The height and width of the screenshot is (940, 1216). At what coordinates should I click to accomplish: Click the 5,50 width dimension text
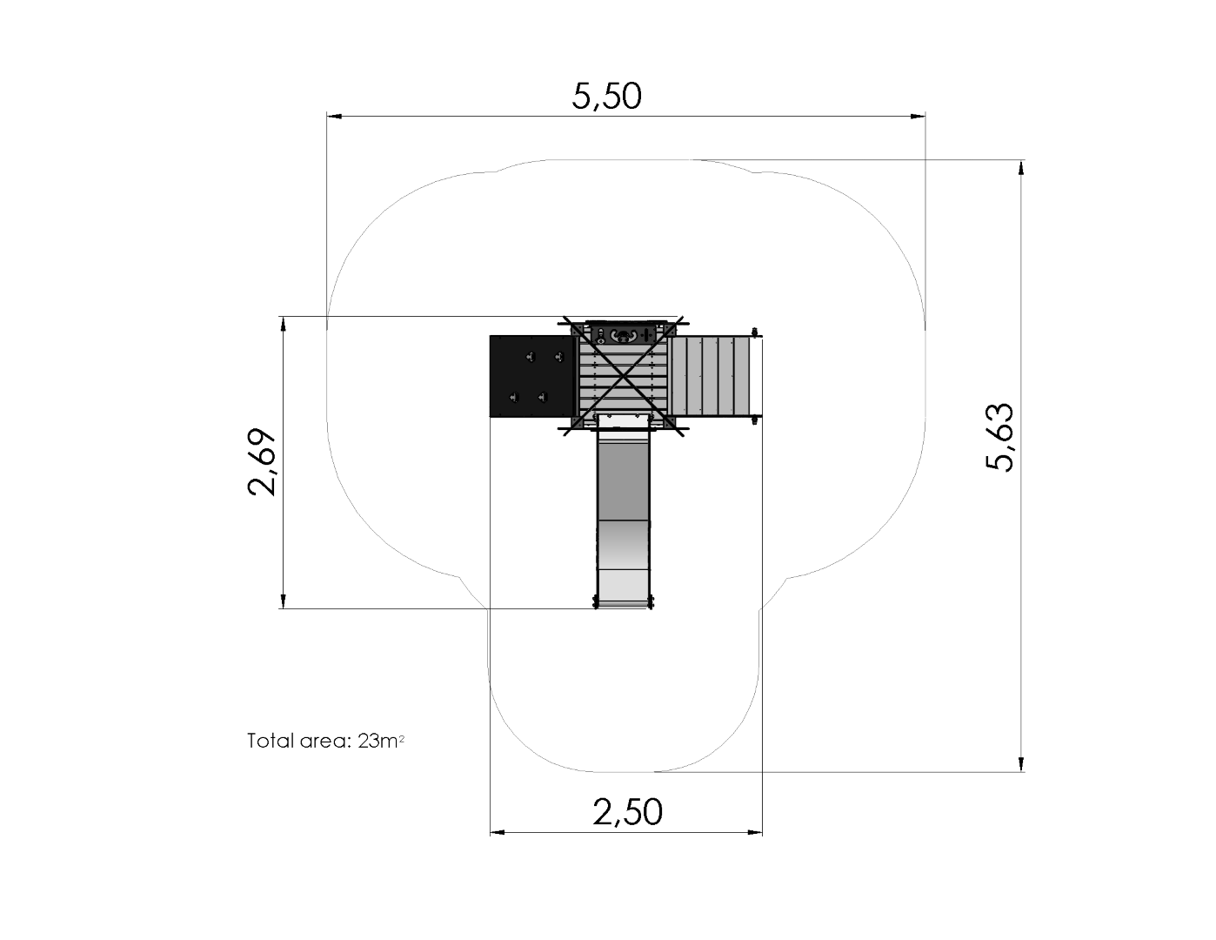(606, 97)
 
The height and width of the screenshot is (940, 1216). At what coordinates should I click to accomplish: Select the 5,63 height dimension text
(999, 437)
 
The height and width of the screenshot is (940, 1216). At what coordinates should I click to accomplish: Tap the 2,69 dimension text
(262, 462)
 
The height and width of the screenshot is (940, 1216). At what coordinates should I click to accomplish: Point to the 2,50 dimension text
(627, 812)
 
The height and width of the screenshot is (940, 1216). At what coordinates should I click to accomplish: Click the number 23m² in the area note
(381, 742)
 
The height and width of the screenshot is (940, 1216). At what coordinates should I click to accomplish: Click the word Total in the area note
(271, 741)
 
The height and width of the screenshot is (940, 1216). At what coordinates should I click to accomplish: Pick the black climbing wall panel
(531, 376)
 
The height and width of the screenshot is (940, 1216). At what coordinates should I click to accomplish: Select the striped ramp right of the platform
(711, 376)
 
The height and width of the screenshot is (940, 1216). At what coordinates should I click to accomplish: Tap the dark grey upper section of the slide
(623, 476)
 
